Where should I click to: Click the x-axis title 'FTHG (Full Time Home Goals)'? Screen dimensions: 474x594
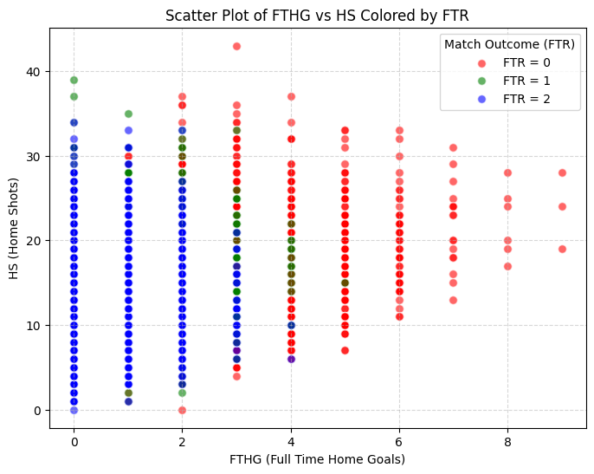click(318, 458)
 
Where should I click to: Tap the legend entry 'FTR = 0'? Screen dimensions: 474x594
click(527, 62)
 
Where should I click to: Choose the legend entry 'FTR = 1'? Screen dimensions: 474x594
click(527, 81)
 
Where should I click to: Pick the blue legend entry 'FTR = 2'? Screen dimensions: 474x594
click(527, 99)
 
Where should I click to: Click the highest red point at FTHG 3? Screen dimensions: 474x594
click(236, 46)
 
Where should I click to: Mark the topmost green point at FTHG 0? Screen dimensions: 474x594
click(74, 80)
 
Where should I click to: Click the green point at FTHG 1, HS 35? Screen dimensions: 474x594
click(128, 114)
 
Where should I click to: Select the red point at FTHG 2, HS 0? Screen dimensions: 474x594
click(182, 410)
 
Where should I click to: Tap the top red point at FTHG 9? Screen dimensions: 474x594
click(562, 172)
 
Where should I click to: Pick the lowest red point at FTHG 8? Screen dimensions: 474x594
click(508, 266)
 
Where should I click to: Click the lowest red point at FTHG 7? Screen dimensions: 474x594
click(454, 300)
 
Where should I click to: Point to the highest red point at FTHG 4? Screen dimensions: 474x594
click(291, 96)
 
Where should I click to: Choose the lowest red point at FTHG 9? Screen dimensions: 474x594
click(562, 249)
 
